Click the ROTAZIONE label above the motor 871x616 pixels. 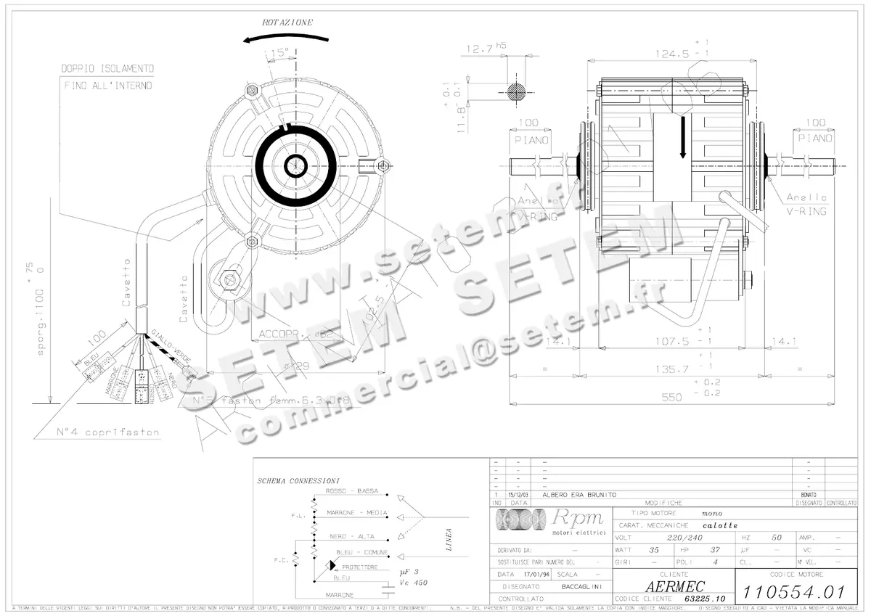tap(288, 22)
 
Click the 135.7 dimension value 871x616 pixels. tap(672, 369)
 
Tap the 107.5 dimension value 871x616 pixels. tap(672, 340)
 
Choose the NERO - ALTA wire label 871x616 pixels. tap(351, 536)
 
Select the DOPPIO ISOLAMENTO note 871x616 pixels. tap(107, 68)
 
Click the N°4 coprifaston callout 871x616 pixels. tap(107, 432)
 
